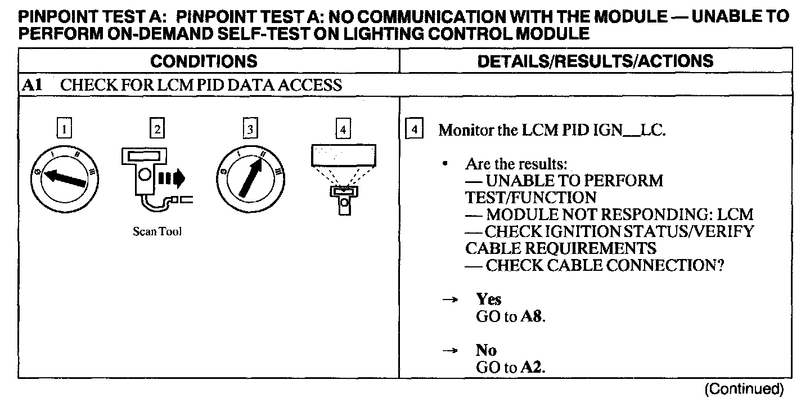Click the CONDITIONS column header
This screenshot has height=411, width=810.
point(204,61)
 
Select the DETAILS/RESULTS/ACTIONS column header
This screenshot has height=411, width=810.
point(595,61)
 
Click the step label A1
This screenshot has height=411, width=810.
point(30,86)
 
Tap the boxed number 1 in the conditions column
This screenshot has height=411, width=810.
point(65,130)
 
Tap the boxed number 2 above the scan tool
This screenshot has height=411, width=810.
point(157,130)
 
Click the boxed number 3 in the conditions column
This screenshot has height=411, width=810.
point(249,130)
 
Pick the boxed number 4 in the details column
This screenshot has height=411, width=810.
point(415,130)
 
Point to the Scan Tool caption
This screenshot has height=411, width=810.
point(157,232)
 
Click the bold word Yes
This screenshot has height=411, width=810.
point(488,299)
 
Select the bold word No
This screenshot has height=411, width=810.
point(486,350)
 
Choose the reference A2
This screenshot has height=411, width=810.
point(533,368)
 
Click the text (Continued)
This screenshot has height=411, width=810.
point(744,389)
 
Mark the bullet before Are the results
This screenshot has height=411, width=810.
point(445,164)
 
